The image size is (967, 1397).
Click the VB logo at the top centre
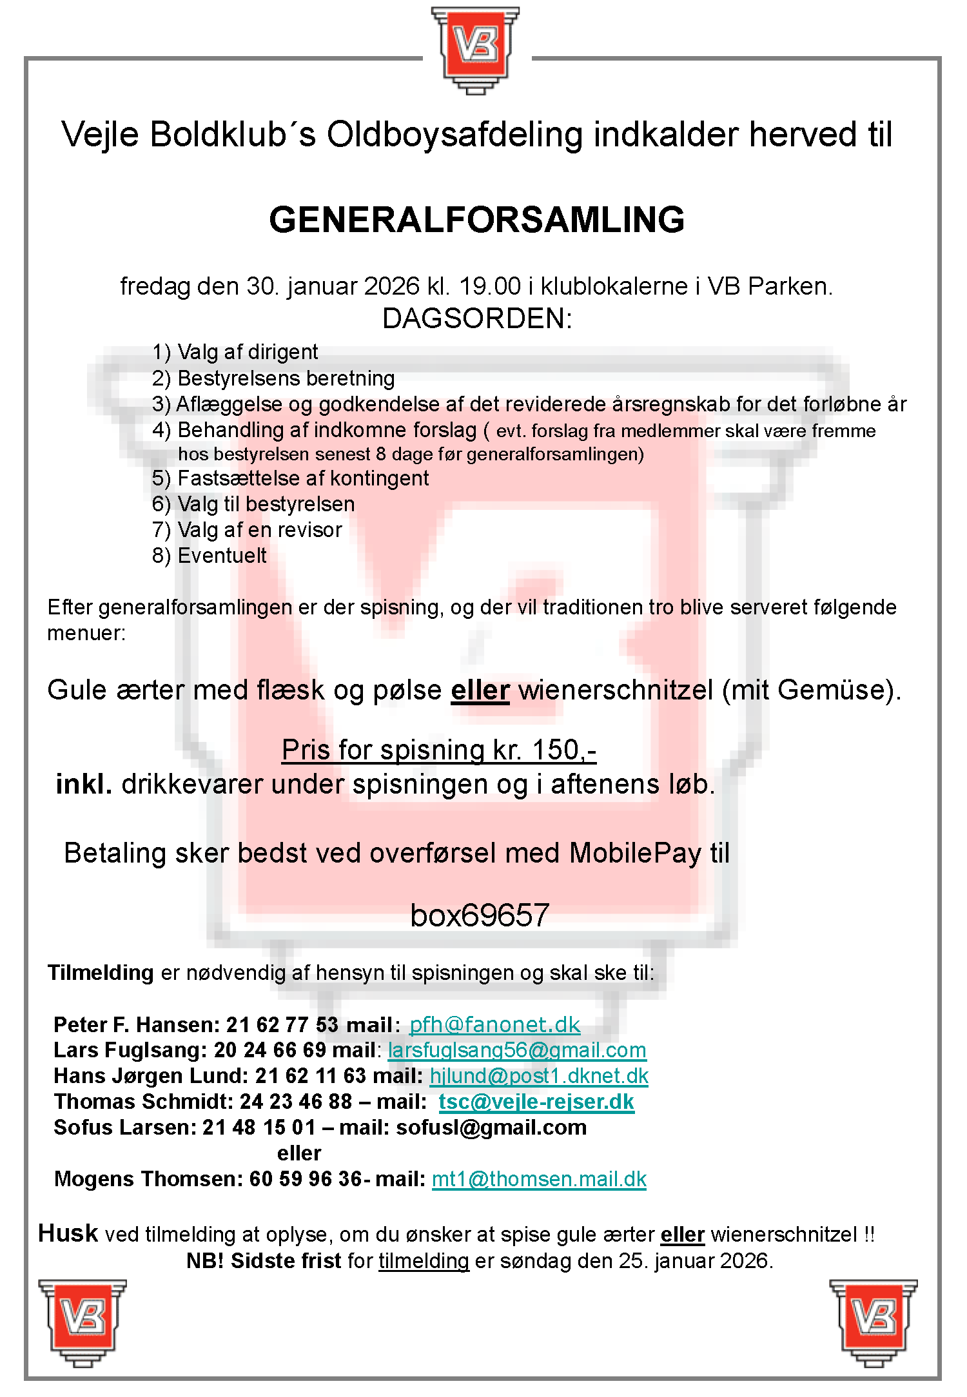pos(476,50)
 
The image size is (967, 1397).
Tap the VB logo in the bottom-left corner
pos(83,1322)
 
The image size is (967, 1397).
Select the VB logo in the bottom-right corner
pos(874,1322)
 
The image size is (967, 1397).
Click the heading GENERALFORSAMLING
pos(476,220)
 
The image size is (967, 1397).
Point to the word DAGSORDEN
pos(476,318)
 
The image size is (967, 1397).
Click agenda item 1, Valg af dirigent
pos(235,352)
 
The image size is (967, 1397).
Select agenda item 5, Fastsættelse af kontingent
pos(291,478)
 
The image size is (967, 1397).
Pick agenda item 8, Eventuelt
pos(210,556)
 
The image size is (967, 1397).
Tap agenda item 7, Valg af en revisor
pos(247,530)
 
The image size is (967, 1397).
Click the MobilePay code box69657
pos(480,915)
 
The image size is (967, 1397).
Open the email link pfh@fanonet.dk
pos(494,1024)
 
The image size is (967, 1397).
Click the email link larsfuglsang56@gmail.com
pos(516,1050)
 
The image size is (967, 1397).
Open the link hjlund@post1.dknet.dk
pos(539,1076)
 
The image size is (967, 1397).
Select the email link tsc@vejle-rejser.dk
pos(536,1102)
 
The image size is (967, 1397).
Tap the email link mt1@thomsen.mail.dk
pos(539,1179)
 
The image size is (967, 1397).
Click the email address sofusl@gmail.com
pos(491,1128)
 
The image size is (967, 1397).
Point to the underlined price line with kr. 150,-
pos(439,750)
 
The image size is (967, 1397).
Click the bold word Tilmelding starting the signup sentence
pos(101,973)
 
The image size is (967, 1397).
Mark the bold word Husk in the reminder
pos(68,1233)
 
